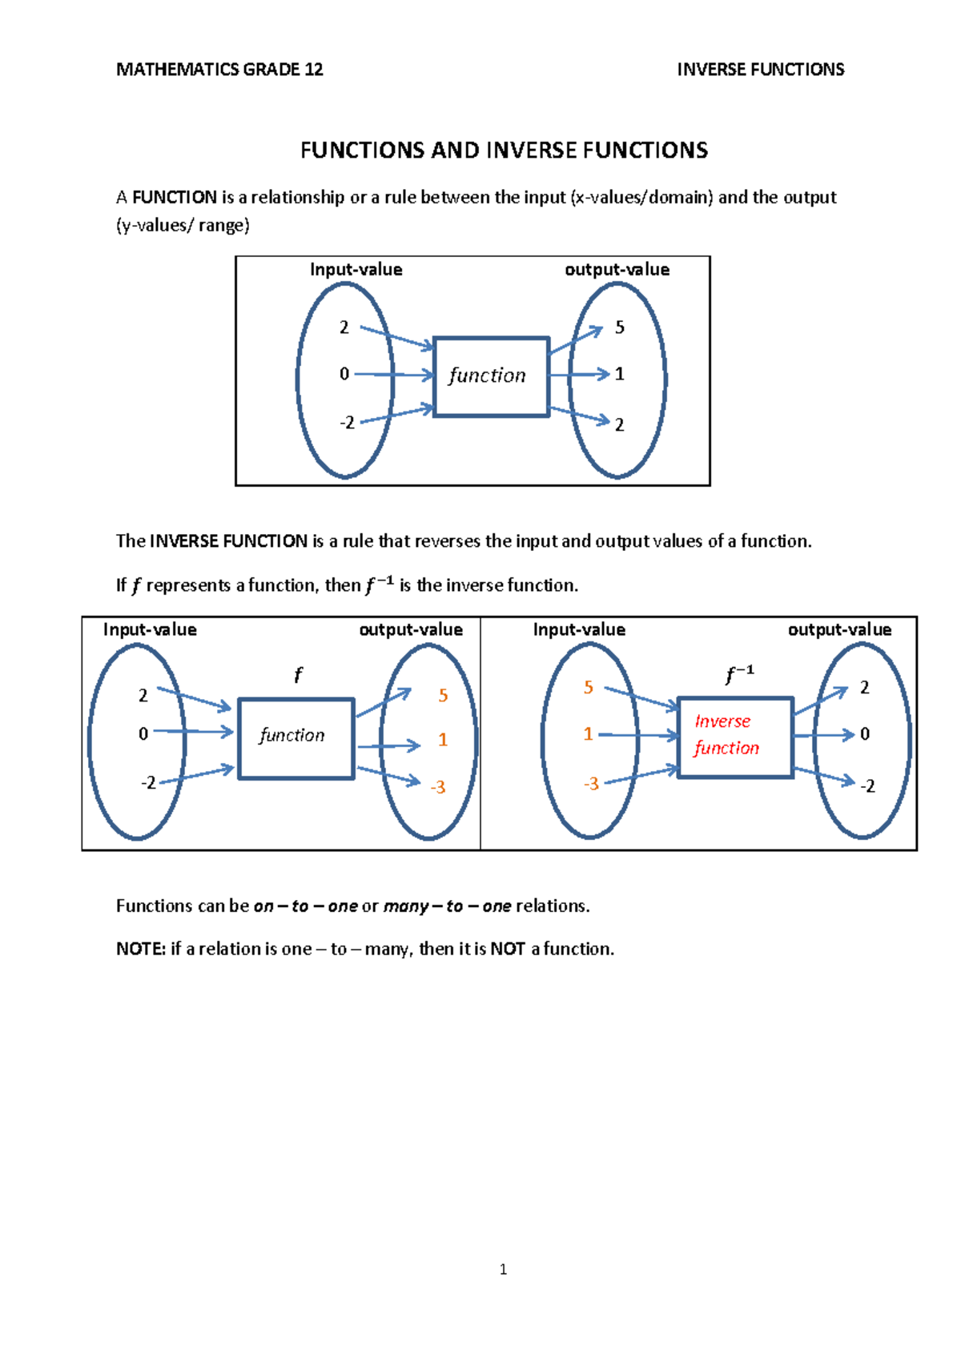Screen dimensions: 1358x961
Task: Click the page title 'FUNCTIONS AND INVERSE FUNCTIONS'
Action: [x=504, y=151]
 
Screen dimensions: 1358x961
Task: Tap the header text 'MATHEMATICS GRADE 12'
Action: [x=219, y=70]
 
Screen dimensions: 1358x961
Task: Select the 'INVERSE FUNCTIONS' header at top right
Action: [x=760, y=70]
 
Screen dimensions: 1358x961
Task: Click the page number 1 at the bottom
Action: [x=503, y=1269]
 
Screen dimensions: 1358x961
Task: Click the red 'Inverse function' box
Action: [x=735, y=737]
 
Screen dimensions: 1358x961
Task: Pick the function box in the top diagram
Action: [x=491, y=376]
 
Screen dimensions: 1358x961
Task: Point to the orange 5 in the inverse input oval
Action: [x=589, y=688]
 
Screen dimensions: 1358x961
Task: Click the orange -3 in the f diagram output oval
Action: [x=437, y=787]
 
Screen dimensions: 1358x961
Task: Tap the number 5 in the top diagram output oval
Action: [x=619, y=327]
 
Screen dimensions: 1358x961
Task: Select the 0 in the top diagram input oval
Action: [x=344, y=374]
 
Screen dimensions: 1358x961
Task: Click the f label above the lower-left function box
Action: [x=298, y=675]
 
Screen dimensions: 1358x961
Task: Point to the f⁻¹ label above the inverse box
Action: [x=738, y=674]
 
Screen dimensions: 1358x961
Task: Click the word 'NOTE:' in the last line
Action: [x=140, y=949]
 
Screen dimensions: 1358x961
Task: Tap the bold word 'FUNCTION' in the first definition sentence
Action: [x=175, y=198]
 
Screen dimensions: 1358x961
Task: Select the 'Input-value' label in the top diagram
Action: [x=356, y=270]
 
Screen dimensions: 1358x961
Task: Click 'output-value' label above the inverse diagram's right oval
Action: [x=839, y=630]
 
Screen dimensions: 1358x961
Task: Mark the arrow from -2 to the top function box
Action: [x=397, y=414]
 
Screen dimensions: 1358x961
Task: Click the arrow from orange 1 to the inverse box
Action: [x=638, y=735]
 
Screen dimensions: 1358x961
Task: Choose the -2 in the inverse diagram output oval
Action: [x=867, y=786]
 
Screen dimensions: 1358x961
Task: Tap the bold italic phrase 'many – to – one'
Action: [x=447, y=906]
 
